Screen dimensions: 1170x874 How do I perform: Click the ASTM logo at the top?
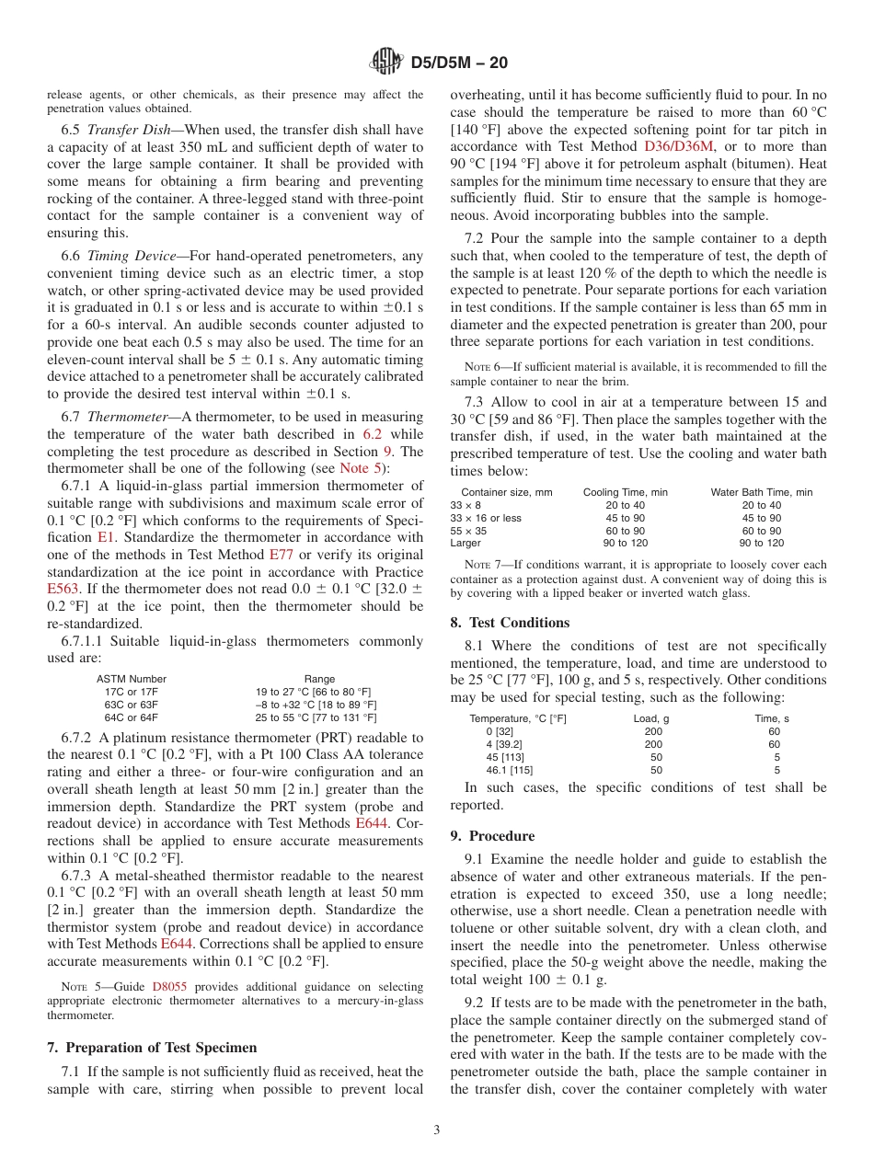(386, 63)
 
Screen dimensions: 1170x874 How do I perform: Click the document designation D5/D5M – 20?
(457, 63)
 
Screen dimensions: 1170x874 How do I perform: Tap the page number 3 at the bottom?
(437, 1130)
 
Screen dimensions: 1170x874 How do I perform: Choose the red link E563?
(64, 589)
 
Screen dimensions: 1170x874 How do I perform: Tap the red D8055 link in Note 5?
(169, 986)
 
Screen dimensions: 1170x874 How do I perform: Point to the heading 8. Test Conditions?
(510, 623)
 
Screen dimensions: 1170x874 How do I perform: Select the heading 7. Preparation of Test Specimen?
(152, 1048)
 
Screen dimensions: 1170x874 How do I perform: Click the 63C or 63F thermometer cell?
(131, 705)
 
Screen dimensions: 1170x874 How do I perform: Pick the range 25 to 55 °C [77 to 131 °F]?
(316, 717)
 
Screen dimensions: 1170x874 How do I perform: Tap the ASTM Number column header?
(131, 679)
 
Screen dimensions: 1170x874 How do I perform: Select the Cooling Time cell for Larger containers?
(626, 544)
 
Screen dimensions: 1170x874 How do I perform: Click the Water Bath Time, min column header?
(761, 492)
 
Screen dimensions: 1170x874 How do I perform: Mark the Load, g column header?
(651, 718)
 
